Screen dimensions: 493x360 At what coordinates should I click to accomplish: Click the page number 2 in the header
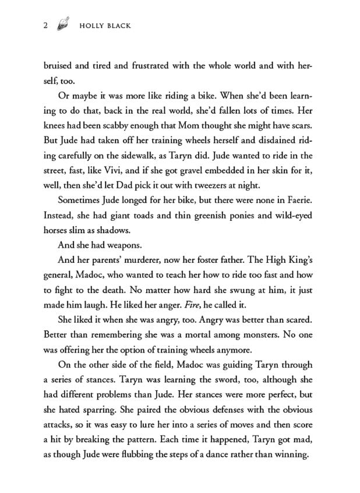click(x=45, y=26)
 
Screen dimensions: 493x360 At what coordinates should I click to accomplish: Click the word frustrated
click(x=160, y=66)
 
